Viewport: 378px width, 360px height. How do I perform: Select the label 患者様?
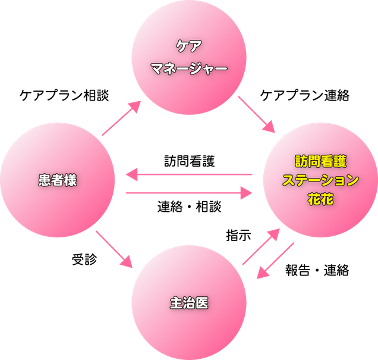pyautogui.click(x=57, y=181)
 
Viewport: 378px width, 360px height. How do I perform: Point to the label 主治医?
pyautogui.click(x=188, y=303)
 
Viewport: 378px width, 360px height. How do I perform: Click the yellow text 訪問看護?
pyautogui.click(x=320, y=161)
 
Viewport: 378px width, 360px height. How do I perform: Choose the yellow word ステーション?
pyautogui.click(x=320, y=180)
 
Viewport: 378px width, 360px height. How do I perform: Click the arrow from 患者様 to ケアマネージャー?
pyautogui.click(x=122, y=118)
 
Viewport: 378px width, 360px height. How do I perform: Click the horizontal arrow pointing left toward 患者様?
pyautogui.click(x=190, y=174)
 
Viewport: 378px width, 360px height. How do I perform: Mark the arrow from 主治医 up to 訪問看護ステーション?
pyautogui.click(x=260, y=246)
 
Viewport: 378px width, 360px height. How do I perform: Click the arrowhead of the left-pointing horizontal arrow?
pyautogui.click(x=131, y=174)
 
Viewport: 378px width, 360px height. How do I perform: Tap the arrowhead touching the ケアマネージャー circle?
pyautogui.click(x=136, y=107)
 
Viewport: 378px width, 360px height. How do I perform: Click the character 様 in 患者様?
pyautogui.click(x=70, y=181)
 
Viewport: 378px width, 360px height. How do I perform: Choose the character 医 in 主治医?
pyautogui.click(x=201, y=303)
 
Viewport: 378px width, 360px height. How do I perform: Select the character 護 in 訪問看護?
pyautogui.click(x=339, y=161)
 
